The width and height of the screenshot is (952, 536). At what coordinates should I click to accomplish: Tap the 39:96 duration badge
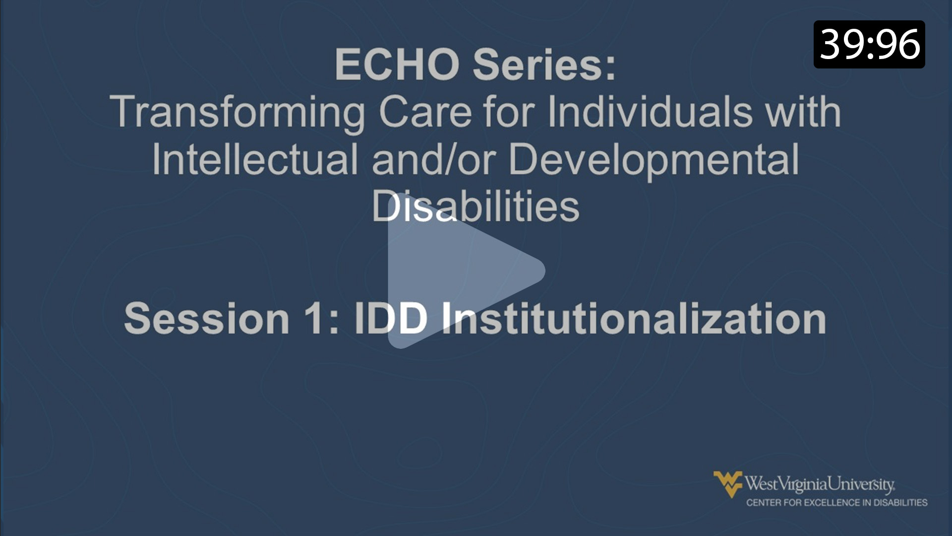point(869,45)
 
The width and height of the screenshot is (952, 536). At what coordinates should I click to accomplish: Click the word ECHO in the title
point(397,65)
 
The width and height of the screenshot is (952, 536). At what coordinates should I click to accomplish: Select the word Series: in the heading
point(544,65)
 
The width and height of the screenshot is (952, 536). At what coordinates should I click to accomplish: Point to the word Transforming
point(238,113)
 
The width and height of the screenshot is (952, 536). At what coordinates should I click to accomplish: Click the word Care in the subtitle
point(425,112)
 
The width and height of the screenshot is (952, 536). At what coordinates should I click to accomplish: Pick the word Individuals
point(650,112)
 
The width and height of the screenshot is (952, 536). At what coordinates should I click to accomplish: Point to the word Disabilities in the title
point(476,206)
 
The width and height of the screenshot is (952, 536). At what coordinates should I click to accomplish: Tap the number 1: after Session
point(322,319)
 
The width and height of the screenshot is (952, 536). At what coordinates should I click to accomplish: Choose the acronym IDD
point(391,319)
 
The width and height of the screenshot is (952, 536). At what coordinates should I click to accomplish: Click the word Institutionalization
point(634,319)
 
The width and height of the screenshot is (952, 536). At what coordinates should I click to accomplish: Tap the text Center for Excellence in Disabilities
point(836,503)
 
